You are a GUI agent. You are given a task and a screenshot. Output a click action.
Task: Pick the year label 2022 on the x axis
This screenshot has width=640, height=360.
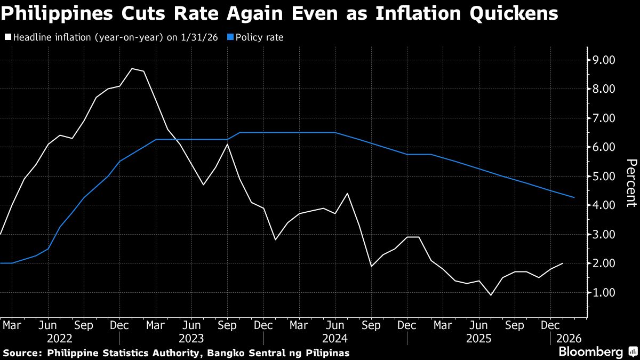(60, 338)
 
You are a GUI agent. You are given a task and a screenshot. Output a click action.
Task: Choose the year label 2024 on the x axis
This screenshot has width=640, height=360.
(335, 338)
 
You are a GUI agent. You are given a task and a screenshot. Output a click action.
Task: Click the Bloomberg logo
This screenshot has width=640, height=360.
(590, 351)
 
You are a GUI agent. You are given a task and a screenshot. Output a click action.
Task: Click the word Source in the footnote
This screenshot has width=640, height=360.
(22, 353)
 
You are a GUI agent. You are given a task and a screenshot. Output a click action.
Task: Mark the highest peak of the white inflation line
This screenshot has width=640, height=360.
(132, 68)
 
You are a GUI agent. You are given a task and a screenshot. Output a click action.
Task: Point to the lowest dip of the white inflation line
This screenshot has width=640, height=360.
(490, 295)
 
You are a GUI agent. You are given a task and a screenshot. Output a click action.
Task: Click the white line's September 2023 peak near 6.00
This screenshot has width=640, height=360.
(228, 144)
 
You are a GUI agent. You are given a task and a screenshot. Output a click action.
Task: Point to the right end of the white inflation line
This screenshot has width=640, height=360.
(563, 263)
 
